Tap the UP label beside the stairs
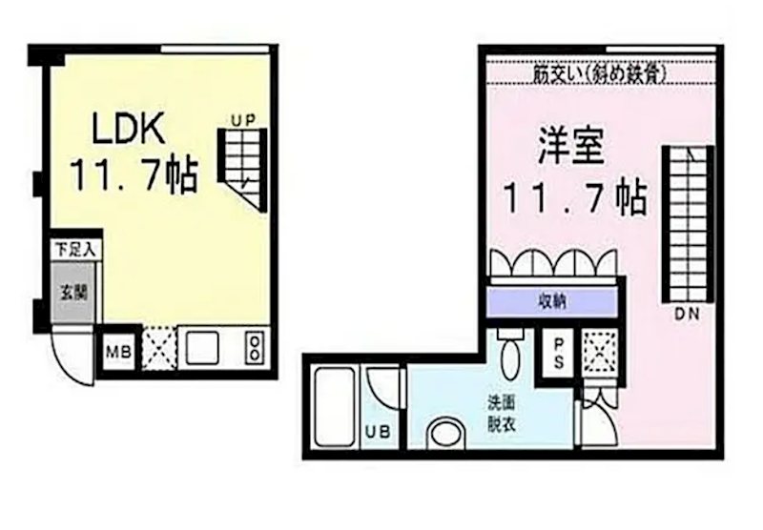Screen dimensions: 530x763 coord(242,120)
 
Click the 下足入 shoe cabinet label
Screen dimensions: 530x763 coord(72,251)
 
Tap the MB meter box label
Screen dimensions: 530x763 coord(118,350)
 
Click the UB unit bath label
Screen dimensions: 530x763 coord(378,432)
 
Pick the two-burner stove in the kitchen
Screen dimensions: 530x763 coord(255,347)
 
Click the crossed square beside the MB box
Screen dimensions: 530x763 coord(157,348)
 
